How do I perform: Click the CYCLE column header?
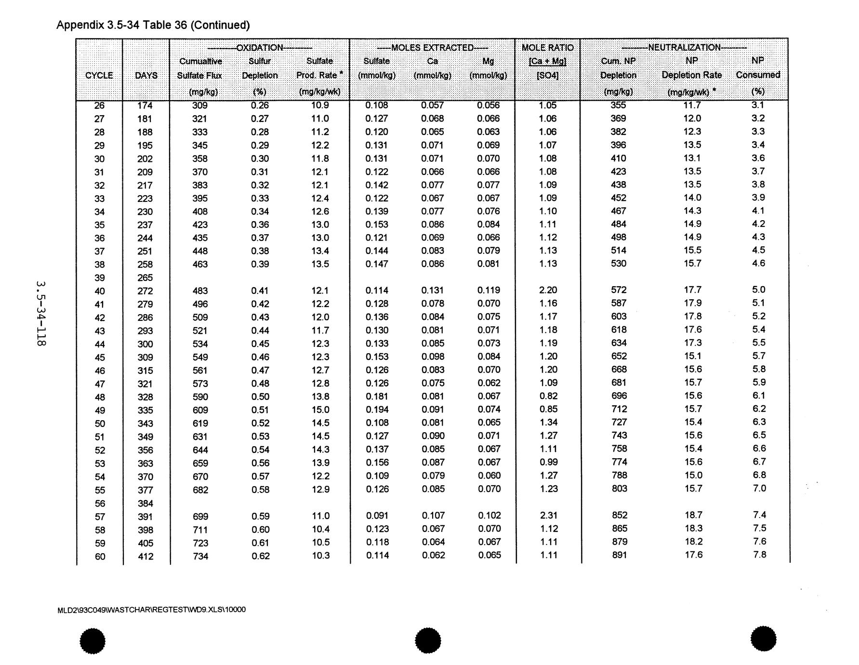99,76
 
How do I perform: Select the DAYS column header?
146,76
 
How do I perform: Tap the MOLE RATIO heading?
547,48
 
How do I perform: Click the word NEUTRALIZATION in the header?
684,47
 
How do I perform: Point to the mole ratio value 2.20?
548,290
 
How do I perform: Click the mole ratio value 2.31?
548,516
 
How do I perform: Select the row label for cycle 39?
99,278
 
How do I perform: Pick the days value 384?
145,504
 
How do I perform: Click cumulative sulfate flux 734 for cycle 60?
200,557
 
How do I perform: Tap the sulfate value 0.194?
377,410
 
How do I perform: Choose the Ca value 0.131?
433,290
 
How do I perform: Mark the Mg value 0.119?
489,290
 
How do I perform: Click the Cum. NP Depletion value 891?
620,555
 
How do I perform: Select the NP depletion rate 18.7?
693,515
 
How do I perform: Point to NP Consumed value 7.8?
759,555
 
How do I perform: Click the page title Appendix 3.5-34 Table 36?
153,25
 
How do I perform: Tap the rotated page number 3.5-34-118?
40,313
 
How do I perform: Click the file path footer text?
151,610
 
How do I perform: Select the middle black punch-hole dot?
428,640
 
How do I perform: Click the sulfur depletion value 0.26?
260,106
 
